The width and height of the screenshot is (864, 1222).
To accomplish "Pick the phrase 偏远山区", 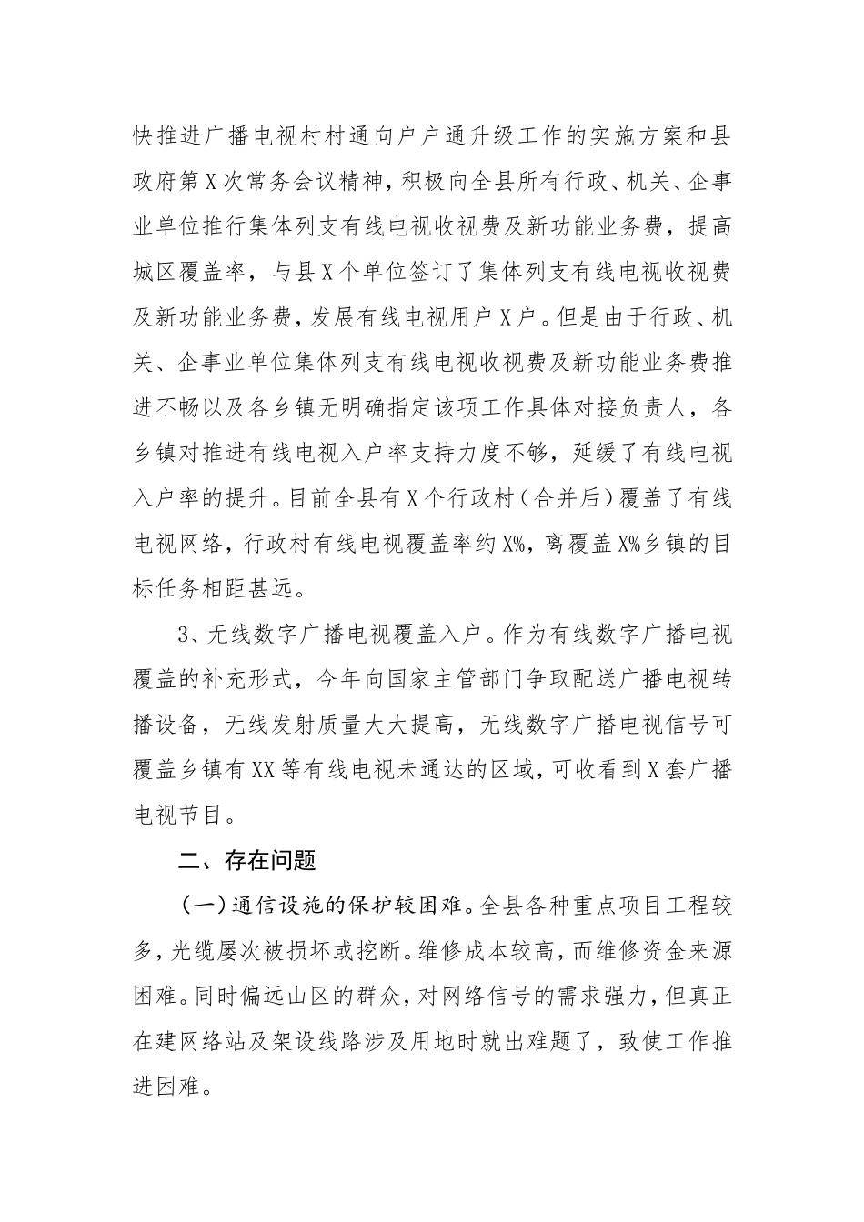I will pyautogui.click(x=306, y=994).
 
